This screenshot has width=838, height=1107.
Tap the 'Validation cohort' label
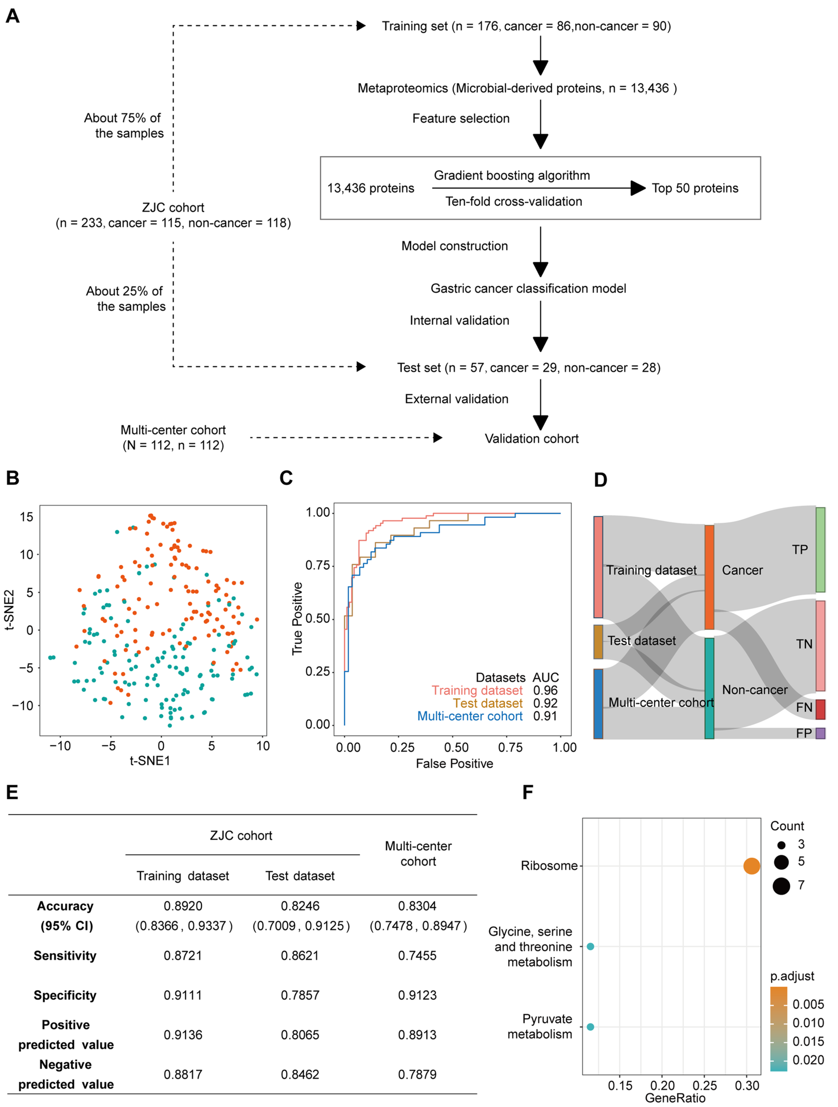click(532, 439)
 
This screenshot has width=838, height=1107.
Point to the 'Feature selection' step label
click(461, 119)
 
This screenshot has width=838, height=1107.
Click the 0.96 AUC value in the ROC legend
click(545, 691)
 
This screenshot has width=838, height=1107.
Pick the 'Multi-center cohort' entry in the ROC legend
click(469, 716)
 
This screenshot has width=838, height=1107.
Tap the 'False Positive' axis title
click(454, 764)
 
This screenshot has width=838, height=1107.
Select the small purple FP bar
click(820, 733)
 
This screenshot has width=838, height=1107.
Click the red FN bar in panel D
click(820, 709)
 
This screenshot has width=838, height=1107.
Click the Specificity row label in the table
click(65, 995)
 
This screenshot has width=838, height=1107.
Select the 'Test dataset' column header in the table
click(300, 876)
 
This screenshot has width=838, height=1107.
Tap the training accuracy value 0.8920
click(183, 906)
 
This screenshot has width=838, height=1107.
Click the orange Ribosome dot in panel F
click(751, 866)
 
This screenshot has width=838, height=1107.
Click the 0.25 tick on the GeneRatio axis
click(704, 1086)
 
